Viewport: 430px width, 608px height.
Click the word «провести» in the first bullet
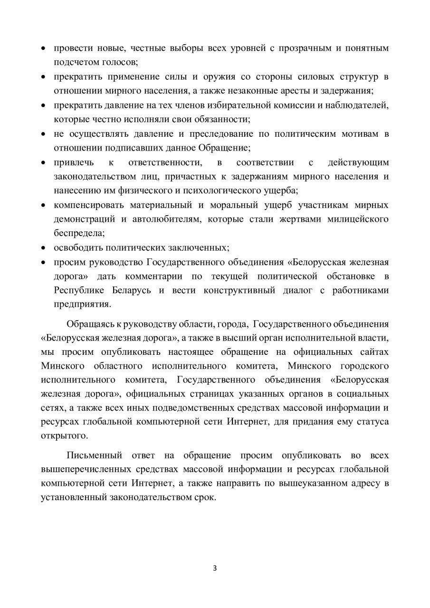(x=71, y=48)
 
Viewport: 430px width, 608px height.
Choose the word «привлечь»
(x=73, y=162)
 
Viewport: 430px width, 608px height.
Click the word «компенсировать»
(x=88, y=205)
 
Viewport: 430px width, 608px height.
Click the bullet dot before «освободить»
(x=43, y=248)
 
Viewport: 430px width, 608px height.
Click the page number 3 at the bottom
(x=215, y=568)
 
